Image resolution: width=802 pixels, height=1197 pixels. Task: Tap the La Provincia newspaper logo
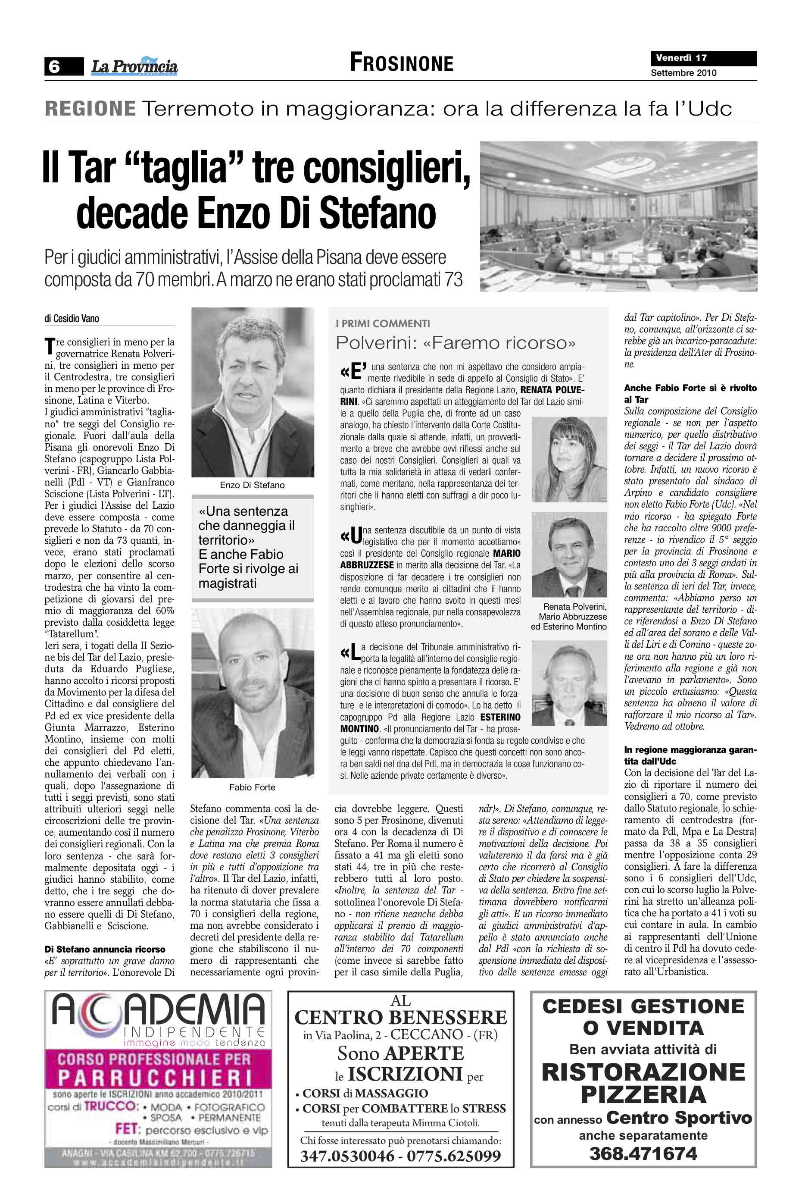coord(134,66)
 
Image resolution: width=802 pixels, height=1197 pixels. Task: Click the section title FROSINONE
coord(402,63)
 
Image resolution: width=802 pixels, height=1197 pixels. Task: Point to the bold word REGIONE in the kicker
coord(90,109)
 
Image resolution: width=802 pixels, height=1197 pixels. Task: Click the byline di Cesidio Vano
coord(72,319)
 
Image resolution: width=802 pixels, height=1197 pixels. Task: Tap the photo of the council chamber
coord(618,216)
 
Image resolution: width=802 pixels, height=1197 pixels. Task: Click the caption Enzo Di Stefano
coord(252,485)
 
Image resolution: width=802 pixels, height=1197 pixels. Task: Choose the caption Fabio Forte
coord(252,787)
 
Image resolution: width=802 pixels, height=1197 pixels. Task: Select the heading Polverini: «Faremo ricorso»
coord(455,343)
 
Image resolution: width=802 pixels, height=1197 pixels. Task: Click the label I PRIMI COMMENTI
coord(383,323)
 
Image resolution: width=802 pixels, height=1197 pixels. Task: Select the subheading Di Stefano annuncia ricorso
coord(105,949)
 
